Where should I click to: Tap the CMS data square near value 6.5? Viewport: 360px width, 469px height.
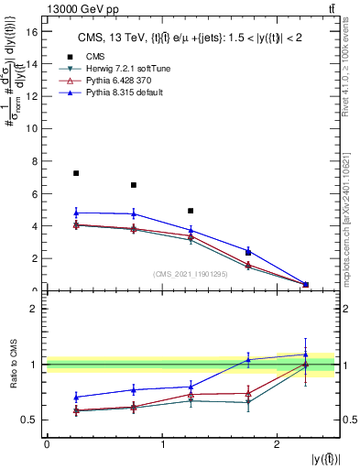click(134, 185)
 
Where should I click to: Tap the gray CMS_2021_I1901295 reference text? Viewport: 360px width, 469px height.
click(191, 274)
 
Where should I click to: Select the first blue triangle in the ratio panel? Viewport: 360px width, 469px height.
click(76, 397)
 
